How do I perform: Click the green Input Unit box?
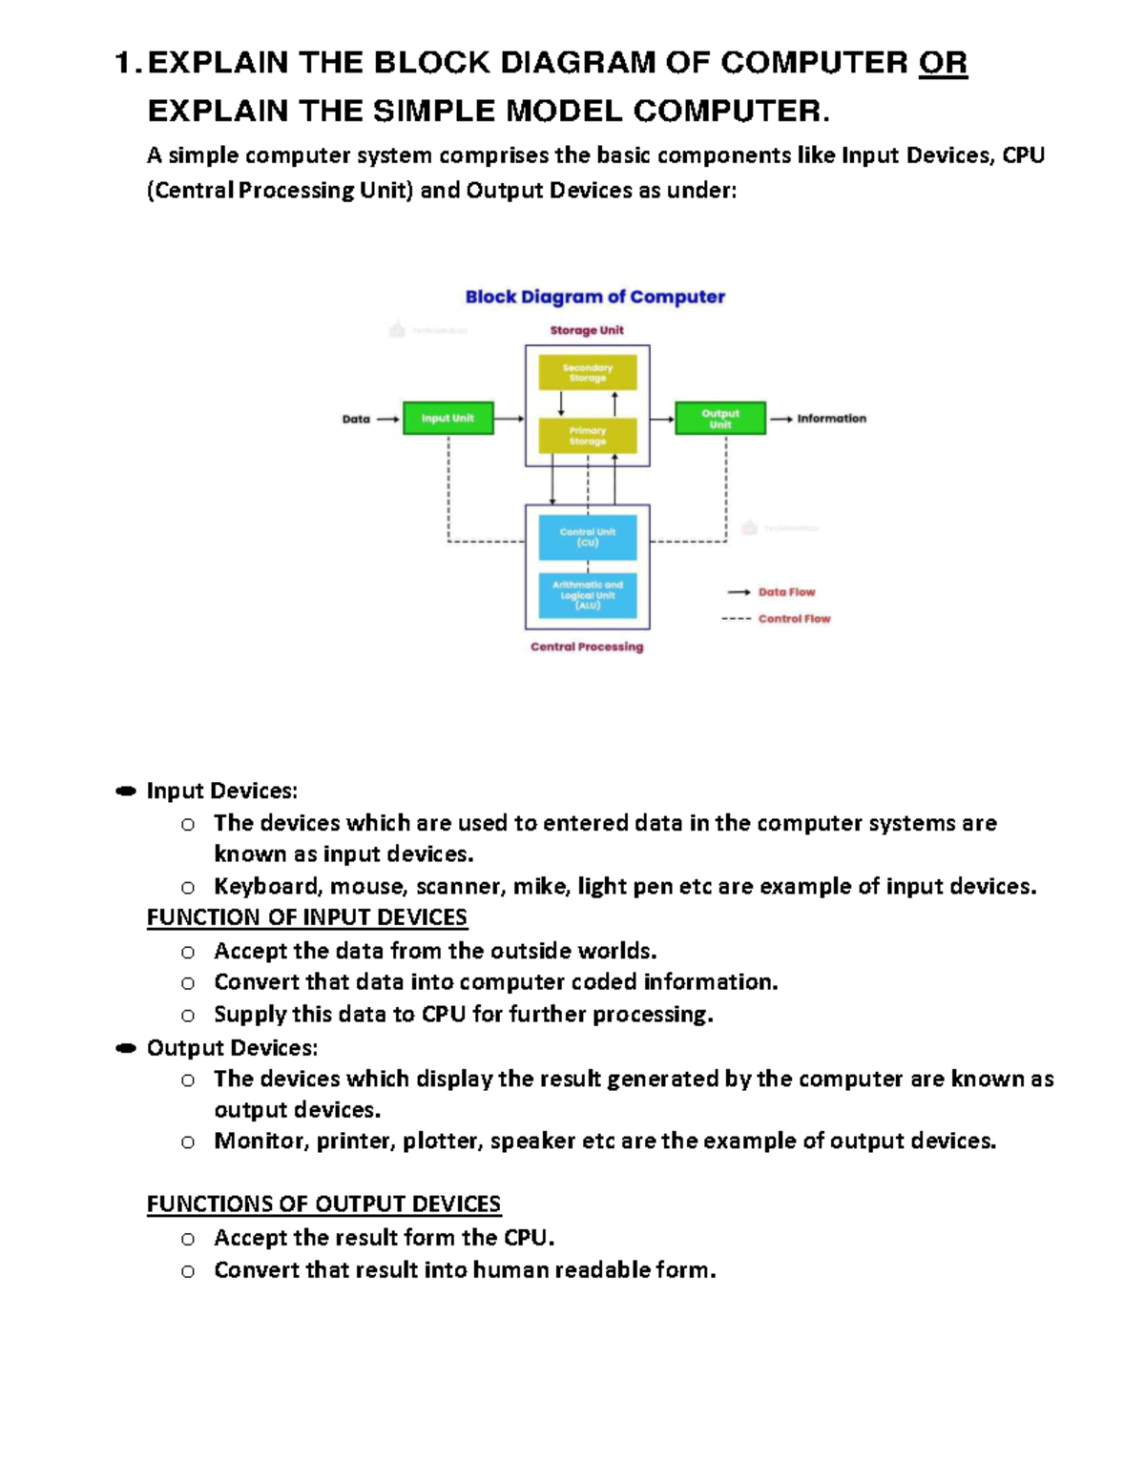click(x=448, y=418)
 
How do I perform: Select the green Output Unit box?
click(x=719, y=418)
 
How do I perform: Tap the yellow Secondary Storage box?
click(x=587, y=373)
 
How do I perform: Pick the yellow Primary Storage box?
click(x=587, y=436)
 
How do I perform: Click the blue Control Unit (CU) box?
click(x=587, y=538)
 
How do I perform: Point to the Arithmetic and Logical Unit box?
click(x=587, y=595)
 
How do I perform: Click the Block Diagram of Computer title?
click(x=594, y=297)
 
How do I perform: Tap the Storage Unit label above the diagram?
click(x=586, y=330)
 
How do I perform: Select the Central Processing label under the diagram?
click(x=587, y=647)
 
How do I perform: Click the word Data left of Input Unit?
click(x=356, y=419)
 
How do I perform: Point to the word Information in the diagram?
click(x=831, y=419)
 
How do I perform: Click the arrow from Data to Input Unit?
click(x=387, y=419)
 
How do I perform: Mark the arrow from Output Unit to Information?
click(x=781, y=419)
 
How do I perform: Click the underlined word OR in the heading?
click(x=942, y=63)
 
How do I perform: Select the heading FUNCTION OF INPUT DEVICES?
click(x=306, y=917)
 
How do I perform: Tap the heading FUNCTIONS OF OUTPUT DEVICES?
click(x=323, y=1204)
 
